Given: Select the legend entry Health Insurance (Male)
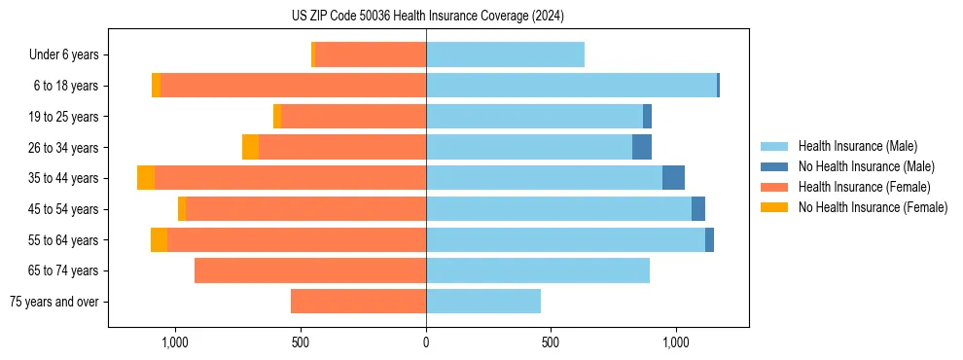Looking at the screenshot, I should (x=857, y=146).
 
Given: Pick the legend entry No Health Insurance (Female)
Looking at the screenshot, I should (x=873, y=207).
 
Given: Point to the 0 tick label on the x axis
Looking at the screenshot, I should (x=426, y=342).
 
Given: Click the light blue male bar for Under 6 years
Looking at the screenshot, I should (x=505, y=55).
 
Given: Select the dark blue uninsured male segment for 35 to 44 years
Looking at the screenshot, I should (x=673, y=178).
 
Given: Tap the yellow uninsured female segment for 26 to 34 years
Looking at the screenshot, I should (x=250, y=148).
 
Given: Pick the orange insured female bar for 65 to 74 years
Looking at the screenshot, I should (x=310, y=270).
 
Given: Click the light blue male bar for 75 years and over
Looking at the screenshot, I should (x=483, y=302).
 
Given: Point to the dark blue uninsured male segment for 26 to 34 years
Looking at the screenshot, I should (x=642, y=148).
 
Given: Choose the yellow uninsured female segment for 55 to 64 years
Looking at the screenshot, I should (x=159, y=240).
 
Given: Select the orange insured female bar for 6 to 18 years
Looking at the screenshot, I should (x=293, y=86).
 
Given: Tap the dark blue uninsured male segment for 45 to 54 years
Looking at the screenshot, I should (x=698, y=209).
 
